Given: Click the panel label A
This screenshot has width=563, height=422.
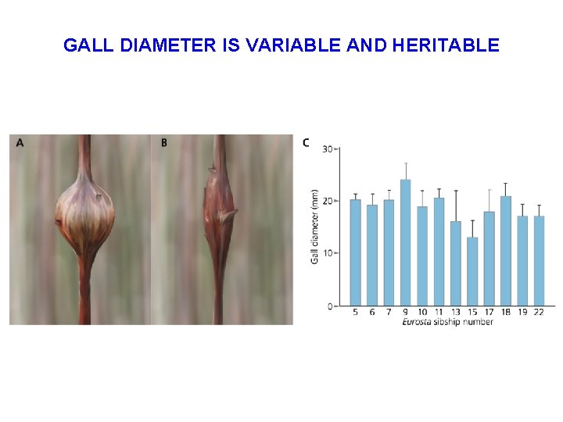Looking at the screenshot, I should click(20, 143).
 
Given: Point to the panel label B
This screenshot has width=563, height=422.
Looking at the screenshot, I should click(164, 143).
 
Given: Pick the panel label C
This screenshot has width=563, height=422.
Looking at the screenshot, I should click(306, 142).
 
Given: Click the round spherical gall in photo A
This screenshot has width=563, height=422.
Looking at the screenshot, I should click(84, 213).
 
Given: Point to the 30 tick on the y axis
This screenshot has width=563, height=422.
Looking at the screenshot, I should click(328, 148).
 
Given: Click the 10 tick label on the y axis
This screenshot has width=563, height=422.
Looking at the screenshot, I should click(328, 253).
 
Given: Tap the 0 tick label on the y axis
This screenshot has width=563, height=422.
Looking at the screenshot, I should click(331, 306).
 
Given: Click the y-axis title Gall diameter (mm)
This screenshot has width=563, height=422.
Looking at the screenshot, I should click(315, 227).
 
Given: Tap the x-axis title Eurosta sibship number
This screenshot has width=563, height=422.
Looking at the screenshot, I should click(446, 322).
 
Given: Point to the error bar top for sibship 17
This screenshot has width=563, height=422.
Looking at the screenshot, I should click(489, 189).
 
